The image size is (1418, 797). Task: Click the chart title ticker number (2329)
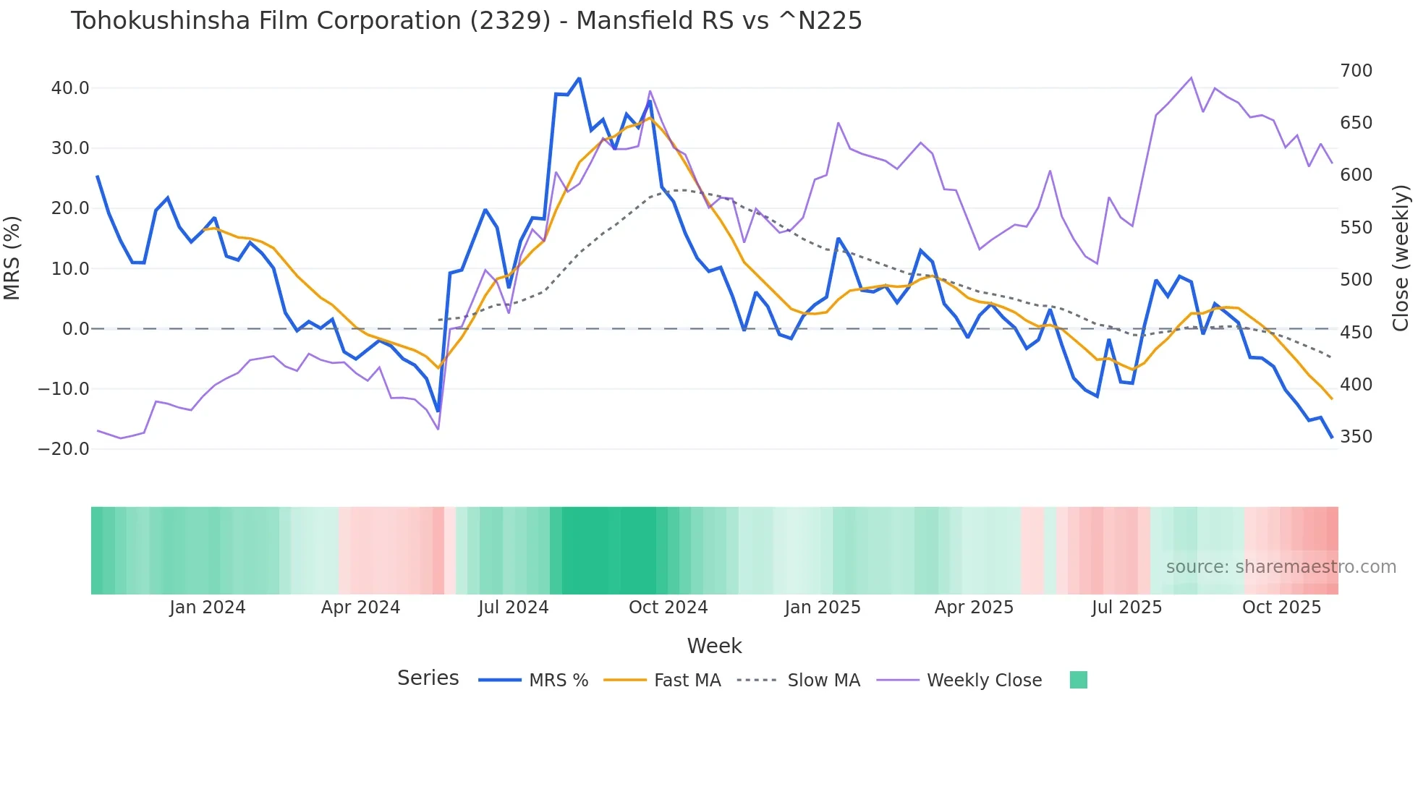[x=510, y=21]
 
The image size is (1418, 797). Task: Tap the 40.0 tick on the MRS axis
[x=70, y=88]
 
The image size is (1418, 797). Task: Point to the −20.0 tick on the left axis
[x=64, y=449]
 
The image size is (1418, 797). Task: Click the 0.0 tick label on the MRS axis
[x=75, y=329]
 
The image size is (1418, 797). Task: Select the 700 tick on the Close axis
[x=1356, y=71]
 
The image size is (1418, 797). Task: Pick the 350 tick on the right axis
[x=1356, y=437]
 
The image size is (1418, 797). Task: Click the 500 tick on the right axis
[x=1356, y=280]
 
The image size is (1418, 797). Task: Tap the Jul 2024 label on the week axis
[x=513, y=608]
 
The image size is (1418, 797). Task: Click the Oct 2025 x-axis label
[x=1281, y=608]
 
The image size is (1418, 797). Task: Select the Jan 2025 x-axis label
[x=823, y=608]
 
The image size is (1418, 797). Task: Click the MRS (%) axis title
[x=12, y=257]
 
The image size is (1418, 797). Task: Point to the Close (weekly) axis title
[x=1401, y=257]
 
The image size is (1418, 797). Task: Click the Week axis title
[x=714, y=646]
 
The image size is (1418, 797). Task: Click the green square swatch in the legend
[x=1078, y=680]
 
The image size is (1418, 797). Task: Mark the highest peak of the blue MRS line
[x=579, y=78]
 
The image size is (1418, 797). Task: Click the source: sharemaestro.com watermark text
[x=1281, y=567]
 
